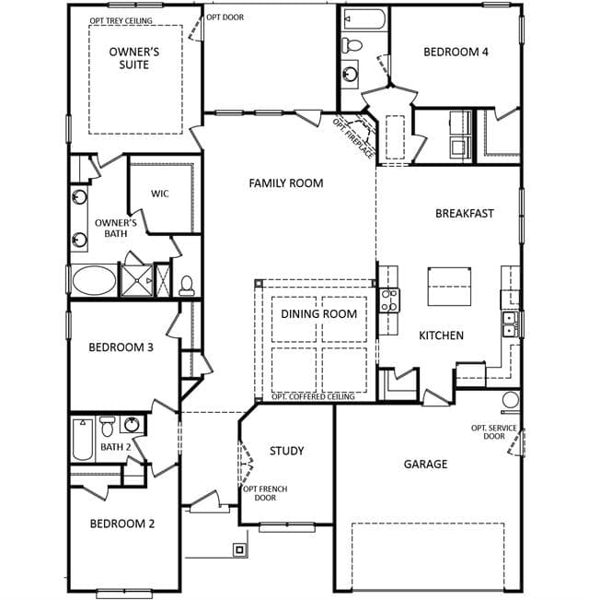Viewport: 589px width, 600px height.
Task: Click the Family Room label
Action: click(286, 183)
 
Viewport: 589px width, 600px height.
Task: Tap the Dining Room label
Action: click(319, 313)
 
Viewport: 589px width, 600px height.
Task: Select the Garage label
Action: click(425, 464)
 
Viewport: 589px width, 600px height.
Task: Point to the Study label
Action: click(287, 451)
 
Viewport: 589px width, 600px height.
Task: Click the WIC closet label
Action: click(159, 194)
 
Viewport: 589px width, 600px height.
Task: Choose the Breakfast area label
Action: click(465, 213)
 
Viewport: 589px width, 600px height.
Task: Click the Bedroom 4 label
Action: click(456, 52)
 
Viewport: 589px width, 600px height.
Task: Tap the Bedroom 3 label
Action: click(121, 347)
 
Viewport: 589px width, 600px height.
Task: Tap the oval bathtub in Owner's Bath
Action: click(94, 280)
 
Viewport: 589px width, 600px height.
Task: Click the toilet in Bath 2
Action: click(108, 426)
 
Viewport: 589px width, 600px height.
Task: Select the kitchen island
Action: click(449, 287)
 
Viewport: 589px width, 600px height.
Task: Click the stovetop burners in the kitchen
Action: click(389, 300)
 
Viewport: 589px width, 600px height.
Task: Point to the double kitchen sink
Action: click(510, 324)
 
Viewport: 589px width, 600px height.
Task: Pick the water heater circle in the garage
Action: click(511, 400)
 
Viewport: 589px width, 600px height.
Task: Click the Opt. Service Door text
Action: click(494, 432)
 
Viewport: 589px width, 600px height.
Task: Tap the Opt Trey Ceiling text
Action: click(121, 20)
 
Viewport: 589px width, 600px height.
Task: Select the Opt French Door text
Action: click(265, 493)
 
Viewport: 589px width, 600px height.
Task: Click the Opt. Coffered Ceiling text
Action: click(313, 397)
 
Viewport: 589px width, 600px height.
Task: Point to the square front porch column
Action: click(239, 550)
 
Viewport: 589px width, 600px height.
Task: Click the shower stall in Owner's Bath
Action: click(137, 280)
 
